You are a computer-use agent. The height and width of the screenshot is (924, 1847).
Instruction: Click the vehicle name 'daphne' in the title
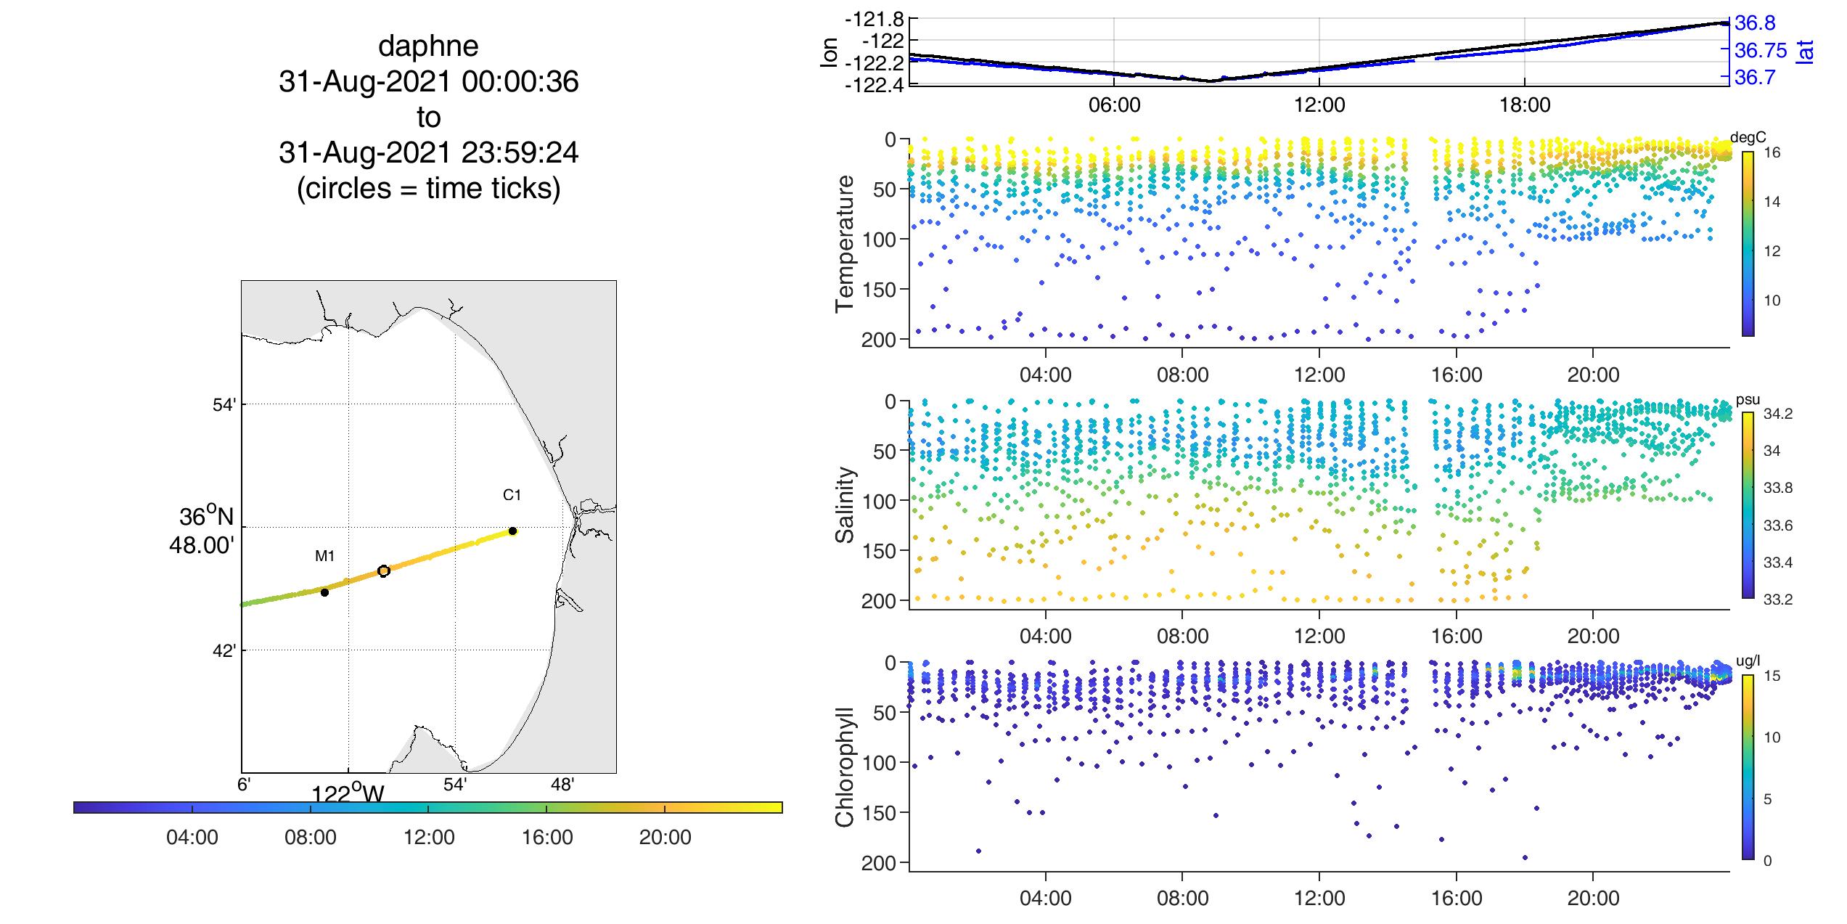[x=428, y=46]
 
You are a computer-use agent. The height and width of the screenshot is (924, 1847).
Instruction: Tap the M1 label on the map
[x=324, y=556]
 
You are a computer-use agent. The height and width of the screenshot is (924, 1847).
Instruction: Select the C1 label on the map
[x=512, y=495]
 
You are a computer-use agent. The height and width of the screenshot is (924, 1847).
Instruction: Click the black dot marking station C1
[x=512, y=531]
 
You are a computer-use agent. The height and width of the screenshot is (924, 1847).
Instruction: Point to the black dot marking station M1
[x=324, y=592]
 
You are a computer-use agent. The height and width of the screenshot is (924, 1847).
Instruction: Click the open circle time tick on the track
[x=384, y=571]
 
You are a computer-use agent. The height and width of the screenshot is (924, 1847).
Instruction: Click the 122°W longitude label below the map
[x=348, y=793]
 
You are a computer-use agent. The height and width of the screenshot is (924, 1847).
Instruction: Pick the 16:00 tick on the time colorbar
[x=546, y=808]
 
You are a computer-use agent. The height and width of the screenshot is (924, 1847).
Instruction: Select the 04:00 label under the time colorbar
[x=192, y=838]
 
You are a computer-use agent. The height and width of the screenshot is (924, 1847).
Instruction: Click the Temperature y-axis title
[x=845, y=243]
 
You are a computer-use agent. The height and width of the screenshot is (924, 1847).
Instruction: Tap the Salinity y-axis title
[x=845, y=504]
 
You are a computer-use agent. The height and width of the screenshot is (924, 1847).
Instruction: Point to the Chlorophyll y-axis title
[x=845, y=766]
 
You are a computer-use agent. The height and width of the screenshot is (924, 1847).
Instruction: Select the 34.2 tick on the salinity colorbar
[x=1777, y=414]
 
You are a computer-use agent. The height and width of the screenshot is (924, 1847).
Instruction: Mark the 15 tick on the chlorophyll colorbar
[x=1772, y=676]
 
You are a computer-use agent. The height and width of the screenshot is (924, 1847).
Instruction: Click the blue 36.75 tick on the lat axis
[x=1759, y=51]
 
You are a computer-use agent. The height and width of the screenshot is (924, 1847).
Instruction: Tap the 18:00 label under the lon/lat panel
[x=1524, y=105]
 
